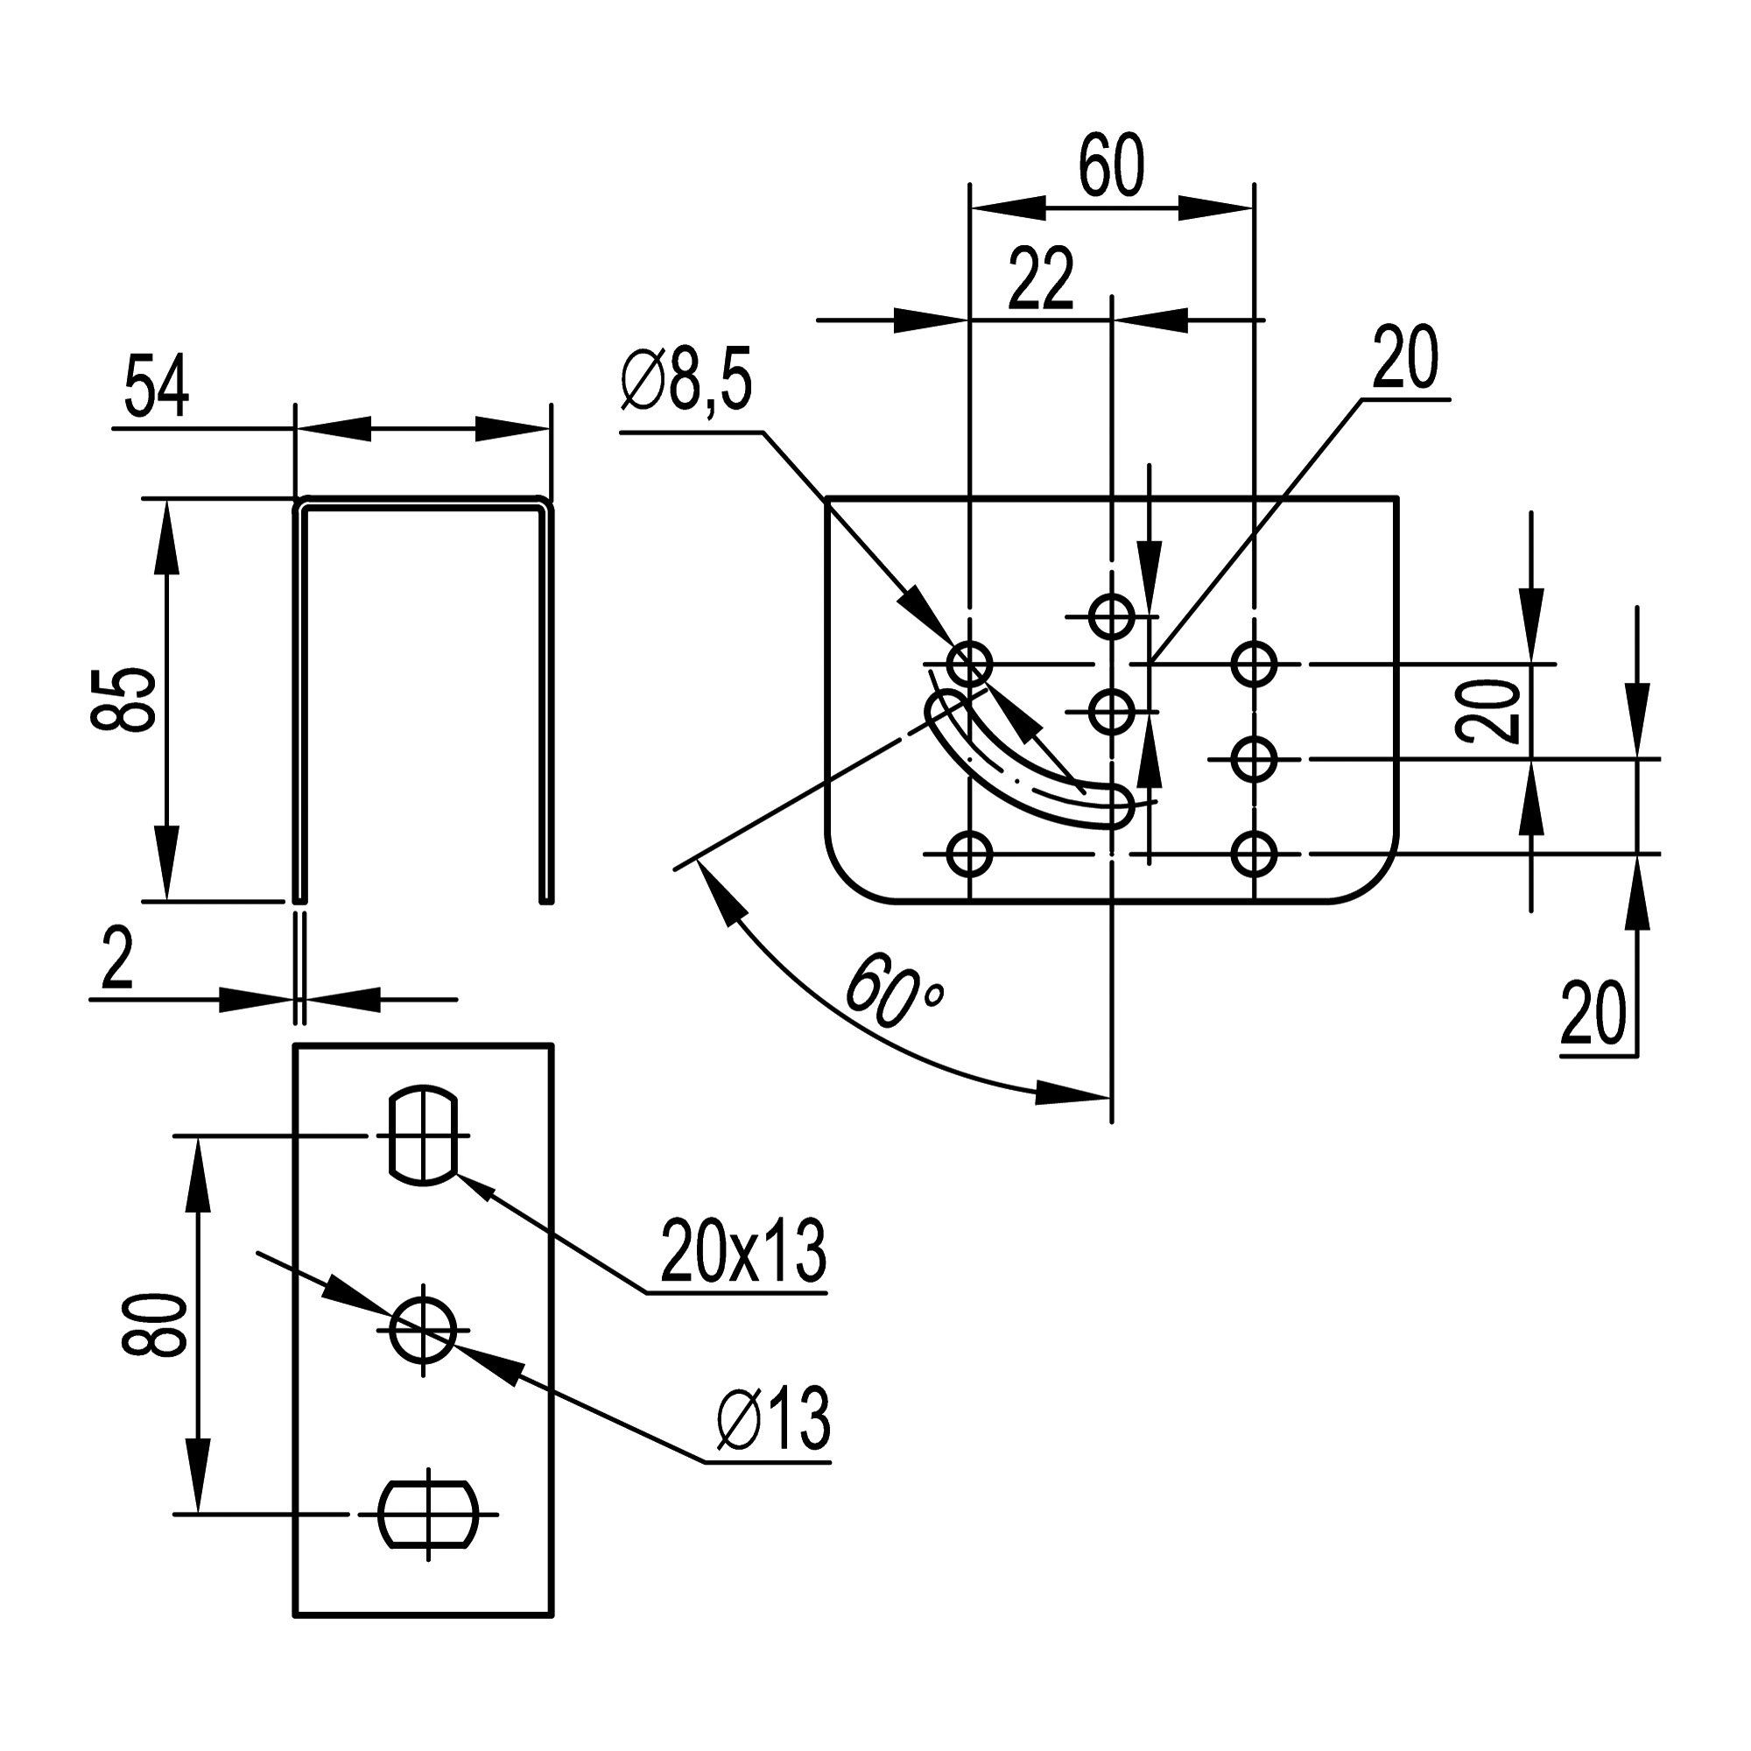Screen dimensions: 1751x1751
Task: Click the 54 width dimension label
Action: tap(156, 387)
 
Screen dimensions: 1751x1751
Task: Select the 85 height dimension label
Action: tap(124, 699)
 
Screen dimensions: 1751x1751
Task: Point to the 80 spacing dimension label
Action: tap(154, 1325)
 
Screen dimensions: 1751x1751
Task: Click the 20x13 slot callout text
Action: tap(742, 1252)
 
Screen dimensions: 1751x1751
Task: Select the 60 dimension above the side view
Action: tap(1111, 166)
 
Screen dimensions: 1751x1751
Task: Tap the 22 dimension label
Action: tap(1040, 278)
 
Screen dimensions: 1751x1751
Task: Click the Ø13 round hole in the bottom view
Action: tap(422, 1330)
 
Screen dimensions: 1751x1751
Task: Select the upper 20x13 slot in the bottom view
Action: tap(422, 1134)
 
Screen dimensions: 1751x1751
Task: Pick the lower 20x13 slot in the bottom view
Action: tap(428, 1514)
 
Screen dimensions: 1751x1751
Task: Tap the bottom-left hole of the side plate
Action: tap(970, 854)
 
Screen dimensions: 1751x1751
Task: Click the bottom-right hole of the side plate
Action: tap(1255, 854)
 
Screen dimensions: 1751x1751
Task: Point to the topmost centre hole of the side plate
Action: tap(1111, 616)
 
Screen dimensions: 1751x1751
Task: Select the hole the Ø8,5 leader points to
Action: tap(970, 665)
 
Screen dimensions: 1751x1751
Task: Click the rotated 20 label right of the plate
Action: tap(1489, 713)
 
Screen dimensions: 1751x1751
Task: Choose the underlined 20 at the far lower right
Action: tap(1593, 1012)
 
